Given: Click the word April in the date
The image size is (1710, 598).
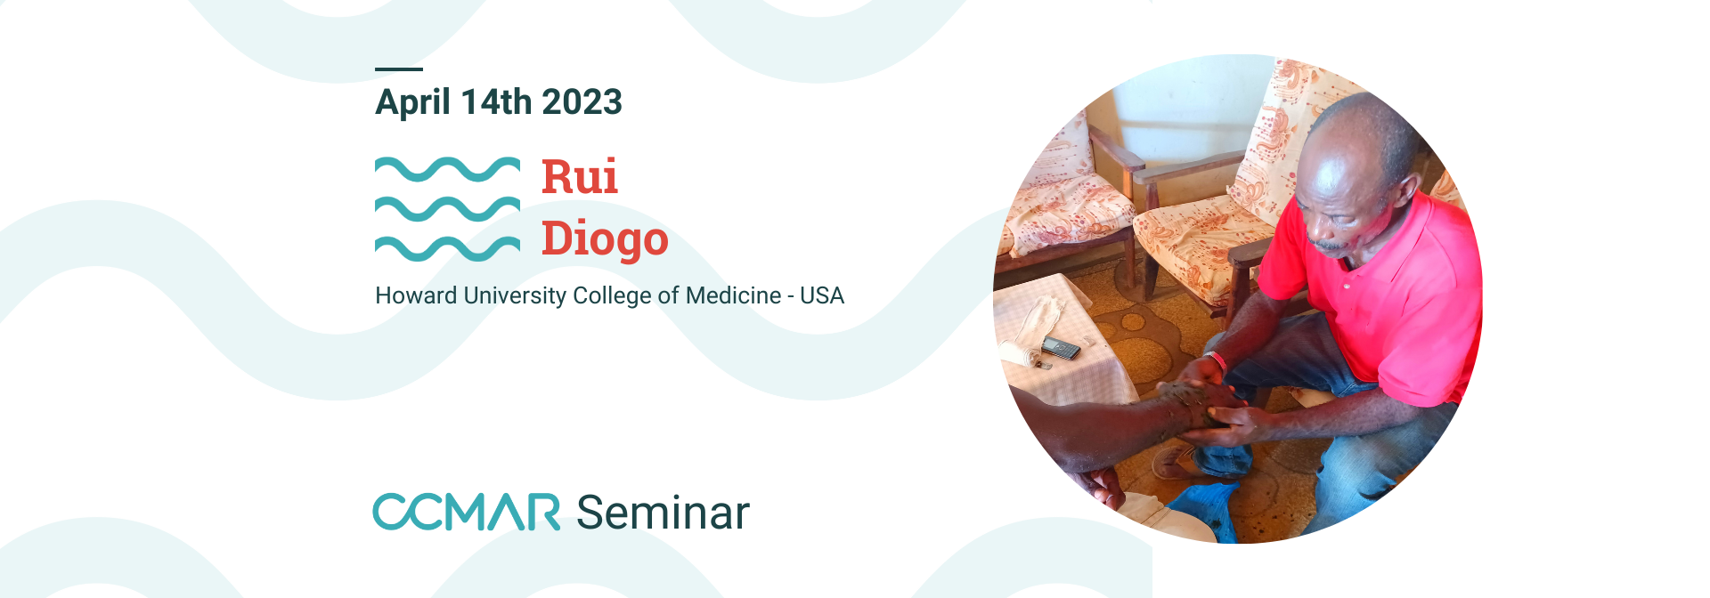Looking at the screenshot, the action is tap(412, 102).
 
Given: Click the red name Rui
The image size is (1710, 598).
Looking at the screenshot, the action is tap(580, 176).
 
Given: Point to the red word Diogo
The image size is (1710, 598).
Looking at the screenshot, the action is tap(605, 239).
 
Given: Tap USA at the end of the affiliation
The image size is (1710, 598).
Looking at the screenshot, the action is tap(821, 295).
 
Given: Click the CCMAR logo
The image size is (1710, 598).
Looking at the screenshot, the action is tap(466, 512).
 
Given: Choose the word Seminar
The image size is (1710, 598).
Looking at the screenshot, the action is tap(663, 513).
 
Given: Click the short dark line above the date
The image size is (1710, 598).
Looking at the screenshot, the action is tap(399, 69).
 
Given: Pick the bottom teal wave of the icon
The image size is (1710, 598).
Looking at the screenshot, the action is tap(447, 248).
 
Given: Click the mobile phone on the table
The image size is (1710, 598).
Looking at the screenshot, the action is tap(1061, 347).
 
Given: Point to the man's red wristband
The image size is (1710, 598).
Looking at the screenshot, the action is tap(1217, 360).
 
